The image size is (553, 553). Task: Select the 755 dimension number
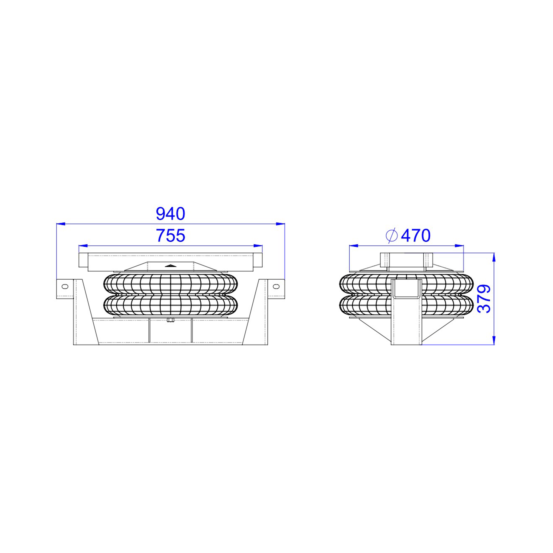[171, 236]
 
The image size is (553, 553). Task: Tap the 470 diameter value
[416, 236]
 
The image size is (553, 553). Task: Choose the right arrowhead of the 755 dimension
[258, 246]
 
